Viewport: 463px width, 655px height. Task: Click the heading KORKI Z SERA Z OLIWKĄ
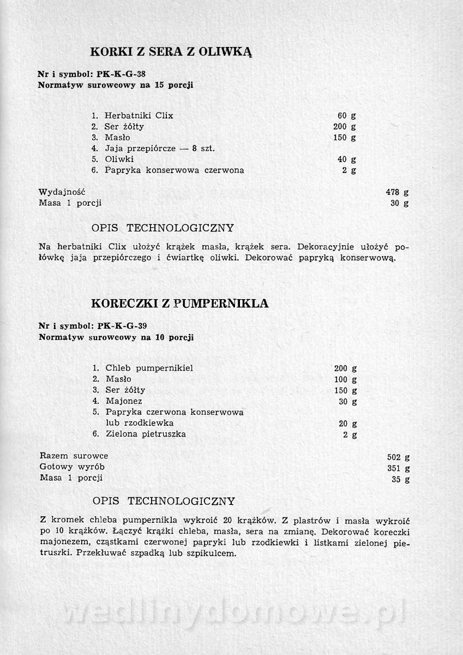(x=170, y=52)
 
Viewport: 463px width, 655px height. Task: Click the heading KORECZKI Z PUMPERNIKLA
(x=179, y=303)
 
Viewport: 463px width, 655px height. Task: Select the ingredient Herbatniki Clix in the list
(x=139, y=116)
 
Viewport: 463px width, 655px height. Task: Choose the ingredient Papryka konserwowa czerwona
(x=175, y=170)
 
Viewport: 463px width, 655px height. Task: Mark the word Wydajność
(x=62, y=192)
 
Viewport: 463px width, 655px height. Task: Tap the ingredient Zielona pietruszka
(x=146, y=434)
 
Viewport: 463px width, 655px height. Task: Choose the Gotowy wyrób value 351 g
(x=398, y=468)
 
